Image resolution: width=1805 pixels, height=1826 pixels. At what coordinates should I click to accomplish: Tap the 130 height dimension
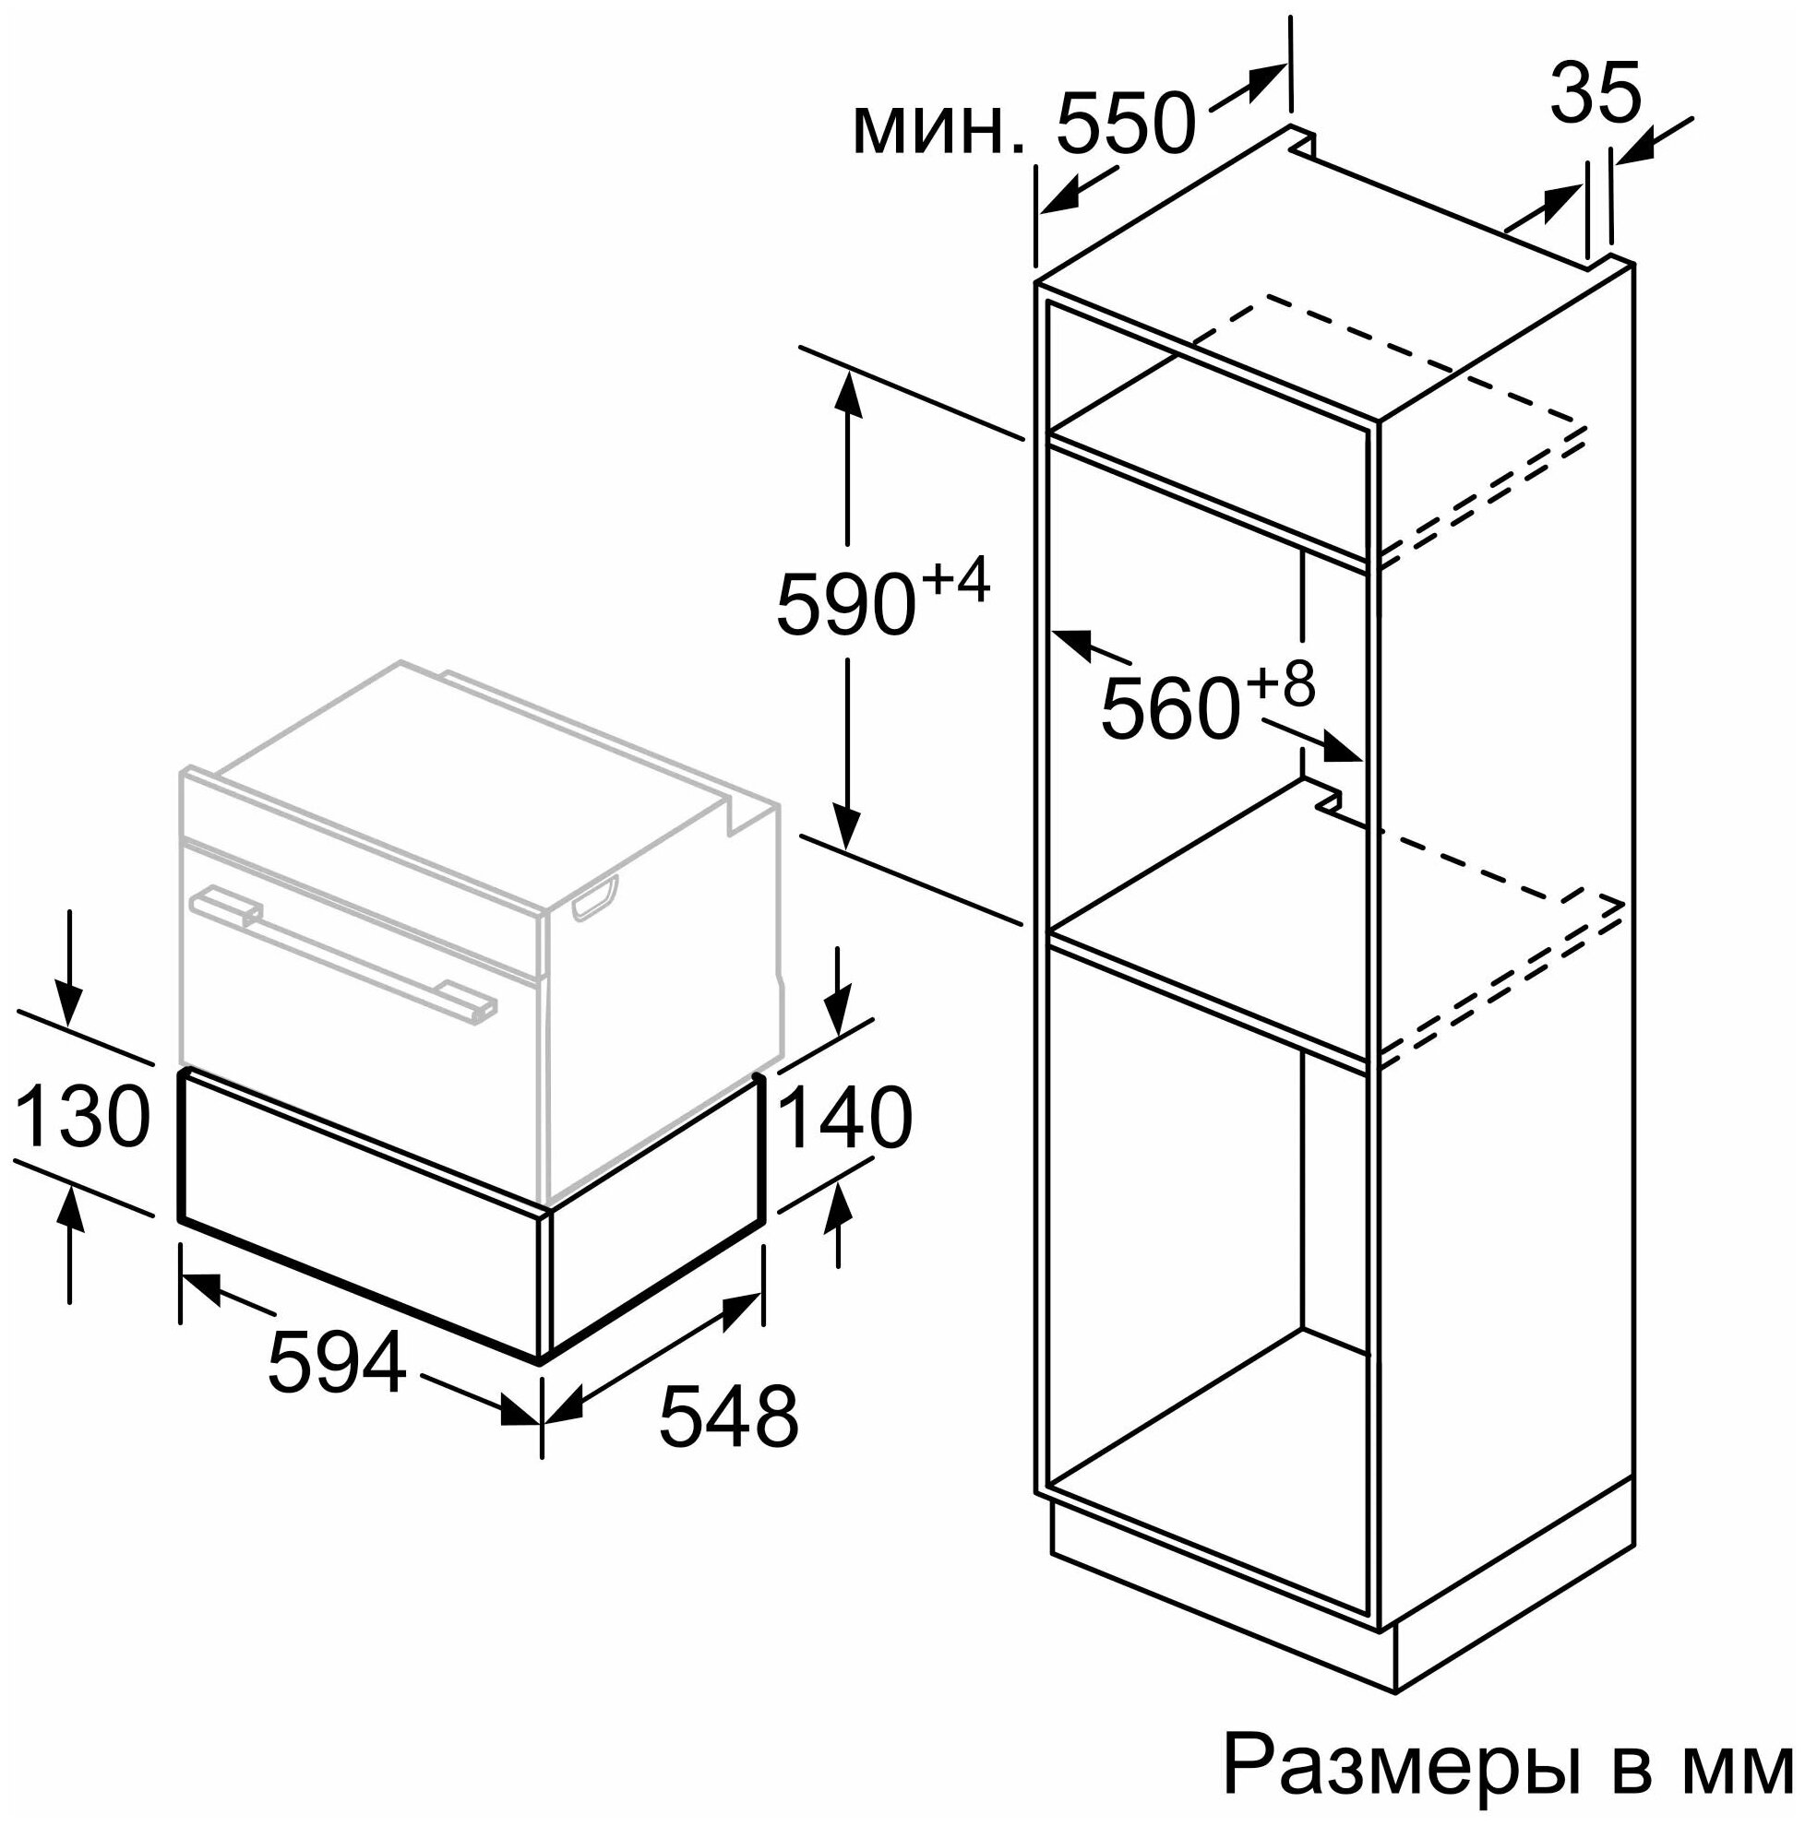(x=83, y=1116)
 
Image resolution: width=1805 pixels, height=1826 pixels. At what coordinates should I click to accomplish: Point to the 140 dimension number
(x=844, y=1118)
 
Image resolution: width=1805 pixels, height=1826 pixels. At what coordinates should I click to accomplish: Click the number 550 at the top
(x=1126, y=124)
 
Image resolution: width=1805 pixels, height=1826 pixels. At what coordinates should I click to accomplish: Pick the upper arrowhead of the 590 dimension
(x=847, y=396)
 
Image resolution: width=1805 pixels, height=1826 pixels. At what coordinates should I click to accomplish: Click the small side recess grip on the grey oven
(x=594, y=900)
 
